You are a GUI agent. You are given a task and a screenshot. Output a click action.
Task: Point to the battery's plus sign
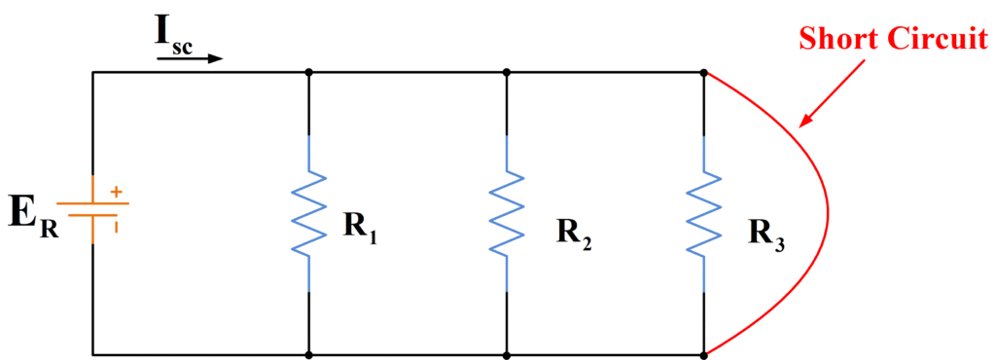[x=117, y=193]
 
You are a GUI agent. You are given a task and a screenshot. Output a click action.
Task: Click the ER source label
[x=33, y=215]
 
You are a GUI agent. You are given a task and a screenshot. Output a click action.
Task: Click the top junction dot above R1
[x=309, y=71]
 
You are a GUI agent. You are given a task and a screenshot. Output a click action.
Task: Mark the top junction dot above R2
[x=507, y=71]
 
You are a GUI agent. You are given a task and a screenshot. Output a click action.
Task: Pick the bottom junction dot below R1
[x=309, y=354]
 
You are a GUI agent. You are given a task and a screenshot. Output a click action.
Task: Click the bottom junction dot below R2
[x=507, y=354]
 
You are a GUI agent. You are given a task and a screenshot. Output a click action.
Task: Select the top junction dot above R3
[x=704, y=71]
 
